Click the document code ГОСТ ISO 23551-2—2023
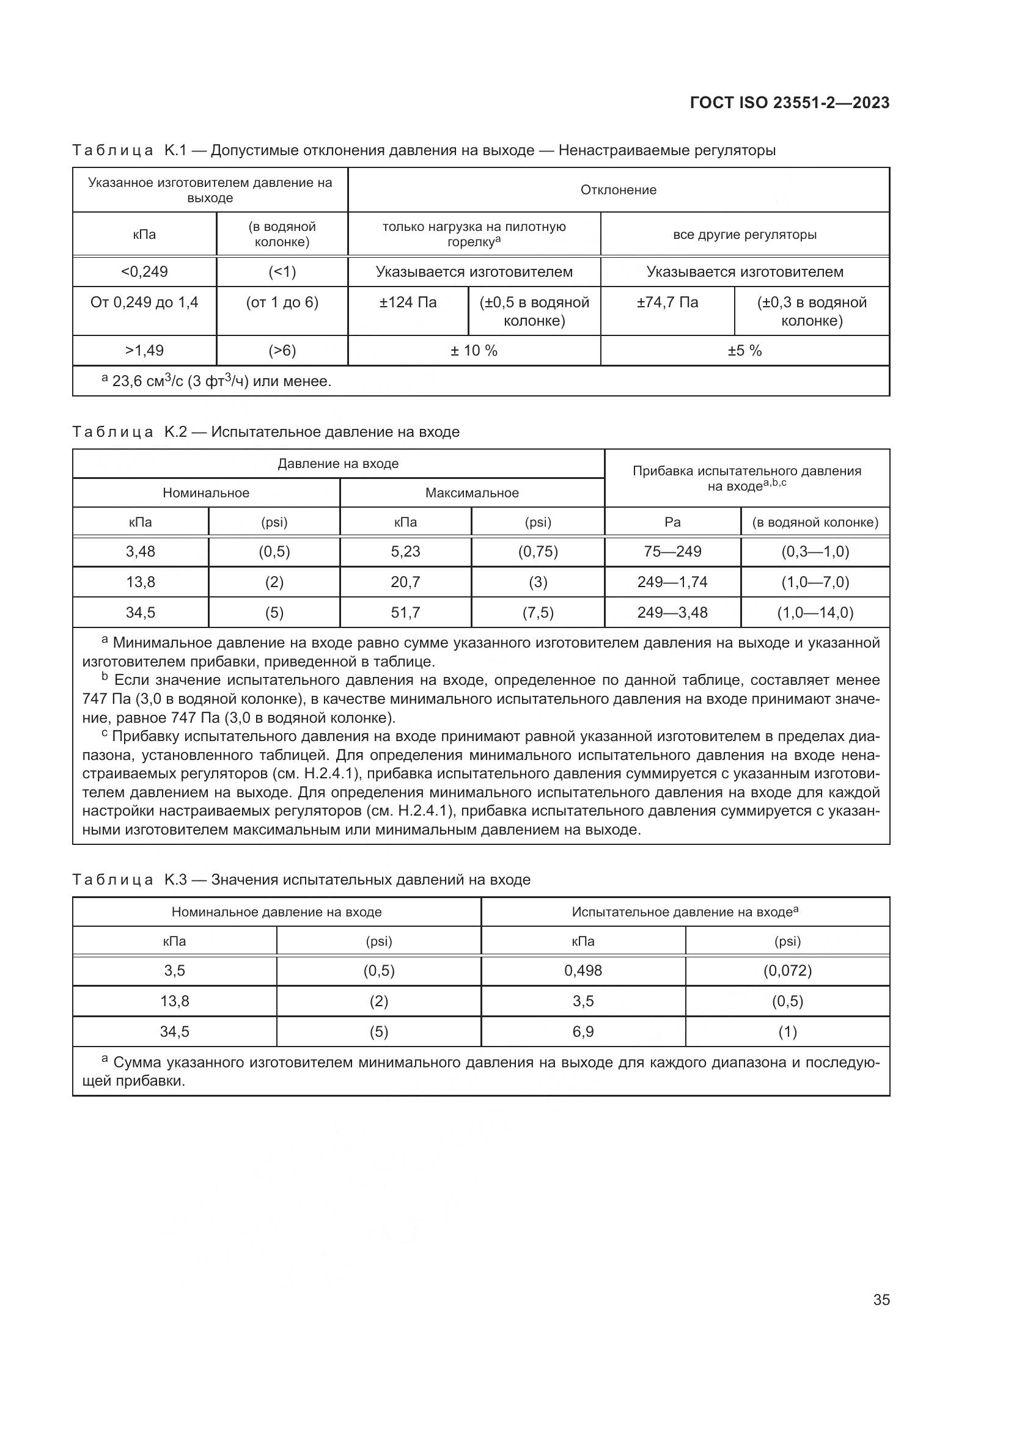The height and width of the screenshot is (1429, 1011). point(789,103)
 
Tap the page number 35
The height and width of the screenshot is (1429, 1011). point(881,1300)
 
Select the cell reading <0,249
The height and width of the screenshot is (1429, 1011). point(144,272)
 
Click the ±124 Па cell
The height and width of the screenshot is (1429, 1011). point(408,303)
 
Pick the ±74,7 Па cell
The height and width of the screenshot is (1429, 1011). point(667,303)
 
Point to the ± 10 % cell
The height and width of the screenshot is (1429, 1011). point(474,351)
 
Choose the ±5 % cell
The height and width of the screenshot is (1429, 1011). point(744,351)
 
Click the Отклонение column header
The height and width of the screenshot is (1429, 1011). point(618,190)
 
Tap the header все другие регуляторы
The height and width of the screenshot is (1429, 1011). point(744,235)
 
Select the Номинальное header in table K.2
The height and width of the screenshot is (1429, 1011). point(206,493)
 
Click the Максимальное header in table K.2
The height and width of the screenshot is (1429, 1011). point(472,493)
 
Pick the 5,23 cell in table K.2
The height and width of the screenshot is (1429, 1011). point(405,552)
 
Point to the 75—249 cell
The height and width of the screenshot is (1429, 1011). point(672,552)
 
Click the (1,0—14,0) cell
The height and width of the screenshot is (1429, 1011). point(815,612)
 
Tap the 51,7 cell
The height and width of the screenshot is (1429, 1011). point(405,612)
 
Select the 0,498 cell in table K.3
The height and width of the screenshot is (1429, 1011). point(583,971)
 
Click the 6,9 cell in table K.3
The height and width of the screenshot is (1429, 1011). point(583,1032)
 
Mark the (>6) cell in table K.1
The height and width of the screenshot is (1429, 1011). point(282,351)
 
